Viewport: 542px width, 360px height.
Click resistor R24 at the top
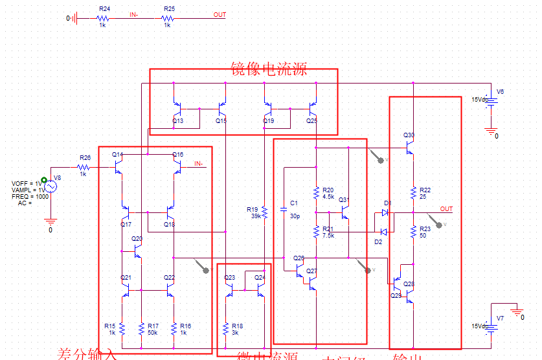pos(102,19)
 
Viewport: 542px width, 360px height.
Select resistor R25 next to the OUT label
pos(167,19)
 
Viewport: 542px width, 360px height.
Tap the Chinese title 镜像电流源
pos(268,69)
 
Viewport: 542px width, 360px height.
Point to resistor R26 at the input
pos(84,167)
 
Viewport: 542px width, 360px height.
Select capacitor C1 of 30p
pos(283,209)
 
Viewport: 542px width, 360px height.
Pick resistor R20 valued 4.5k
pos(315,193)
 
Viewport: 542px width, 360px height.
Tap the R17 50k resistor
pos(141,328)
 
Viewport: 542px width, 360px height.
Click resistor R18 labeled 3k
pos(225,328)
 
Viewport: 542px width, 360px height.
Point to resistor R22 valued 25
pos(413,192)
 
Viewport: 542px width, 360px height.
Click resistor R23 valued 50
pos(413,231)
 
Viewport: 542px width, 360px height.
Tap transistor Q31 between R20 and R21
pos(344,210)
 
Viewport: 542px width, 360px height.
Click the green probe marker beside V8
pos(43,181)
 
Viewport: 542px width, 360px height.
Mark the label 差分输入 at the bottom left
pos(87,354)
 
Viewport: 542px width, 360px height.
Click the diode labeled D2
pos(383,232)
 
